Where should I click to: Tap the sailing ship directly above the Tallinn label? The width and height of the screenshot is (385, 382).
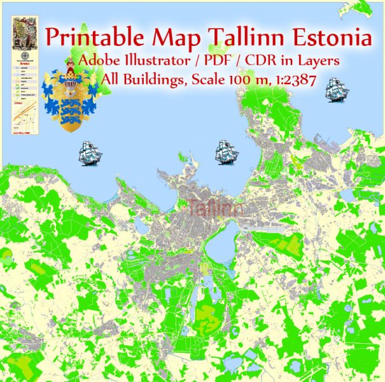click(226, 152)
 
